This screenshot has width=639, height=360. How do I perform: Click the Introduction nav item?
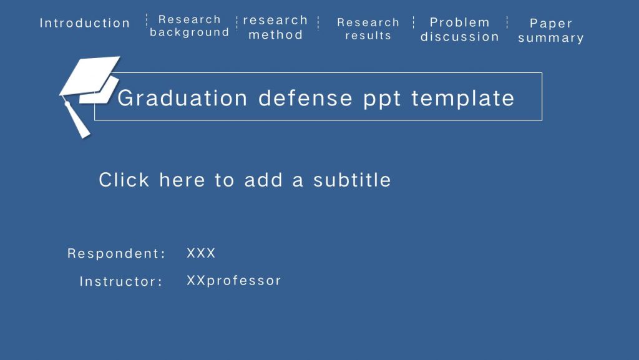coord(85,23)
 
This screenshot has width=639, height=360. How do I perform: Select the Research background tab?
coord(190,26)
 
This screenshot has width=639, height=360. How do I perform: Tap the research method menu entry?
coord(275,27)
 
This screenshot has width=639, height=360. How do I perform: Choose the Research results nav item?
coord(368,29)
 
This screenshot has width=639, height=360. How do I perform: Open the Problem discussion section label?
coord(460,29)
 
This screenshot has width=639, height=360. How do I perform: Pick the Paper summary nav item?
coord(551,31)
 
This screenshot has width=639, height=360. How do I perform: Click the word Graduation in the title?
coord(182,98)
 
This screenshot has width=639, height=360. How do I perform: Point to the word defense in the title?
coord(305,98)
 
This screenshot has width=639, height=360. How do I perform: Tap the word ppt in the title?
coord(382,100)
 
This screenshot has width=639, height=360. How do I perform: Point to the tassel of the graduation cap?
coord(76,119)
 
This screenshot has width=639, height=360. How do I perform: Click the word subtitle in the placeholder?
coord(352,180)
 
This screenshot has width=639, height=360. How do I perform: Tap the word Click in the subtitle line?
coord(124,180)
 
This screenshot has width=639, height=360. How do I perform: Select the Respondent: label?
coord(117,253)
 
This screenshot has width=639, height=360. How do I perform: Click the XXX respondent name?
coord(201,253)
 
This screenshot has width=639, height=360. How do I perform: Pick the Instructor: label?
coord(121,281)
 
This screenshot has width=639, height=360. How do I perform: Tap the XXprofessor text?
coord(234,281)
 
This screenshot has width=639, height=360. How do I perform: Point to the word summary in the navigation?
coord(551,38)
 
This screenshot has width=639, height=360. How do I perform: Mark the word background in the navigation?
coord(190,32)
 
